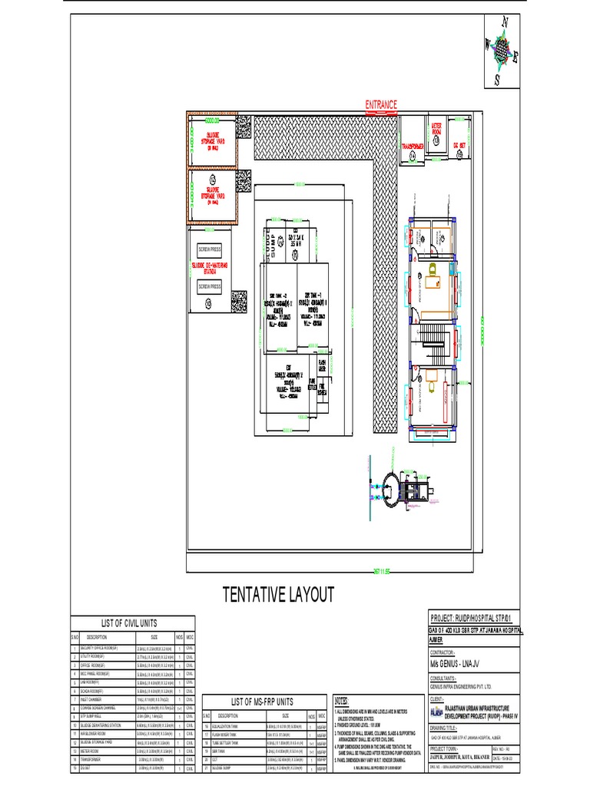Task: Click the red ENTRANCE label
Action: point(381,104)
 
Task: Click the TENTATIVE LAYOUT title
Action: point(279,595)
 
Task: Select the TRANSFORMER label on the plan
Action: point(413,145)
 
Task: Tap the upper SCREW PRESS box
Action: point(209,250)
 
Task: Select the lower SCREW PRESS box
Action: point(209,286)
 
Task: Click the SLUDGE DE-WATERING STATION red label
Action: point(209,268)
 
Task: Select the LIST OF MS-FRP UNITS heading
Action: point(264,702)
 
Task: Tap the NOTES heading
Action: point(342,702)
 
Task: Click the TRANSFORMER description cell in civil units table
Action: point(97,759)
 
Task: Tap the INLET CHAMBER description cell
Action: point(97,700)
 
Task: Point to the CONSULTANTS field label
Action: point(446,679)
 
